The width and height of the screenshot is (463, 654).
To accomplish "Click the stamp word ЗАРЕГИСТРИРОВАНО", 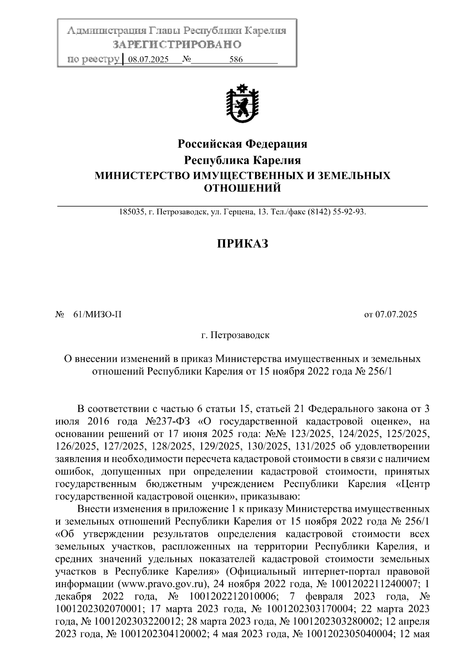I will (177, 45).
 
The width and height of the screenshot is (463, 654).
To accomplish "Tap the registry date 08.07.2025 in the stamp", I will (148, 60).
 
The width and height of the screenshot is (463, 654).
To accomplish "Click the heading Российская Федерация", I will (242, 144).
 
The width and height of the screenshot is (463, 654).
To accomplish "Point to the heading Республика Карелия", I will (242, 160).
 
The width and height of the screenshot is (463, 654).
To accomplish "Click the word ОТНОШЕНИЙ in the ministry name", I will (242, 188).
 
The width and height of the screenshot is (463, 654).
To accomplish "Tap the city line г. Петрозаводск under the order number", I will (236, 335).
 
